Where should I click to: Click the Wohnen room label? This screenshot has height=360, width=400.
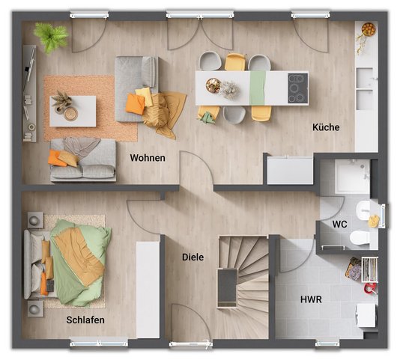(148, 158)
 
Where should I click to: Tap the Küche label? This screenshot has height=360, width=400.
(326, 127)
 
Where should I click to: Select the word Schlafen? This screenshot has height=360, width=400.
(85, 320)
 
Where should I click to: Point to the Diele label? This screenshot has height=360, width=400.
(193, 257)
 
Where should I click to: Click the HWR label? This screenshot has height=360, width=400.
(311, 299)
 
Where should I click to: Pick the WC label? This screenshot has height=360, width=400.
(339, 225)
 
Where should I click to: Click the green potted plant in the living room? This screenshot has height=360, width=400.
(51, 37)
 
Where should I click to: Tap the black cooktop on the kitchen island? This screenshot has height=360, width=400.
(297, 88)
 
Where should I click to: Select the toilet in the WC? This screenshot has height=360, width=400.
(360, 237)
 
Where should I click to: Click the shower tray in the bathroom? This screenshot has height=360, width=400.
(352, 176)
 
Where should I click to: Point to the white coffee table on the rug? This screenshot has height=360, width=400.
(73, 112)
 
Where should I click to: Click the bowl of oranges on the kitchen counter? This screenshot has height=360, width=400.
(369, 29)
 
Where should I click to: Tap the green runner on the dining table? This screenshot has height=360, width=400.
(258, 88)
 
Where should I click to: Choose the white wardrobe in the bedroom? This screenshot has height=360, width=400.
(148, 290)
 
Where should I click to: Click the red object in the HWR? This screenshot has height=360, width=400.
(370, 288)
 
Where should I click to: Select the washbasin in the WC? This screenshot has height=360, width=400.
(363, 210)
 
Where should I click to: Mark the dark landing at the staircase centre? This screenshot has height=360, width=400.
(227, 286)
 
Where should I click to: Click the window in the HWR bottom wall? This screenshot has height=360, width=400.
(327, 344)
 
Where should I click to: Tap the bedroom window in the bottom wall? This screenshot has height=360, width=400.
(99, 344)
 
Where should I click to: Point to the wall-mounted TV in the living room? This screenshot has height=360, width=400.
(30, 68)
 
